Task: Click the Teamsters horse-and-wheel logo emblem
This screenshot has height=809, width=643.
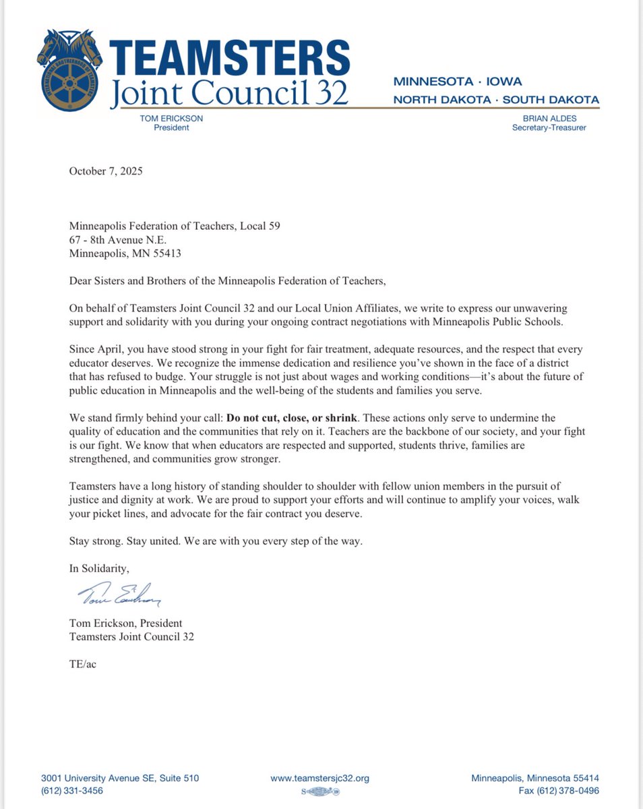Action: [x=69, y=71]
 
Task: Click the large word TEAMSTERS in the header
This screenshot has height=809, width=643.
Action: [x=229, y=58]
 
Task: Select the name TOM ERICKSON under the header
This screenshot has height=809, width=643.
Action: [x=171, y=118]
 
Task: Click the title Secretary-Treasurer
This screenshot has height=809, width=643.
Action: [x=549, y=127]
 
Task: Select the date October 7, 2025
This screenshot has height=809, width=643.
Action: [x=106, y=171]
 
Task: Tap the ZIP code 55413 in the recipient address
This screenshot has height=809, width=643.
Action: [x=166, y=254]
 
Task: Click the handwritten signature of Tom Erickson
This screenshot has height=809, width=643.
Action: [x=118, y=594]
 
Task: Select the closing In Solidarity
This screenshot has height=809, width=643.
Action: [x=99, y=568]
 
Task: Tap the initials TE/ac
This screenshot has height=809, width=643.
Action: [x=83, y=664]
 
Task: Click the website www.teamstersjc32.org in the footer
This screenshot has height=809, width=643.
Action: [x=320, y=778]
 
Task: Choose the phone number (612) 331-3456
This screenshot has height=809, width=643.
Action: [x=72, y=790]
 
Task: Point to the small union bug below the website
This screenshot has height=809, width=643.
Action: [x=319, y=791]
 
